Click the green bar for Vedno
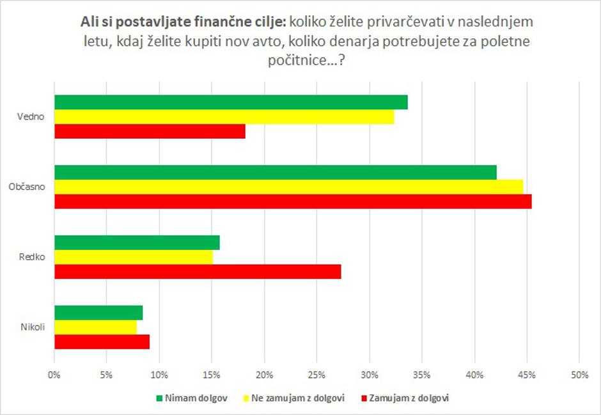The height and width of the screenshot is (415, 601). coord(231,102)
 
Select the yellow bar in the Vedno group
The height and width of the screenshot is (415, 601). coord(224,117)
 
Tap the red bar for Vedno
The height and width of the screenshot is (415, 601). coord(150,131)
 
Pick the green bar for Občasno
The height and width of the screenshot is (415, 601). coord(275,173)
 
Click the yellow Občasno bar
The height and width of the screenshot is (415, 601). coord(288,187)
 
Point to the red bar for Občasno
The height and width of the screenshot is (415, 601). coord(293,201)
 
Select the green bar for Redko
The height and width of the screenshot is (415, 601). coord(137,242)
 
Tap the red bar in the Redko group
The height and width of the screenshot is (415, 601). coord(198,271)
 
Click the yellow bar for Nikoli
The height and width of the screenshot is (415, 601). coord(95,327)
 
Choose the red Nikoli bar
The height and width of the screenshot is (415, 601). coord(102,341)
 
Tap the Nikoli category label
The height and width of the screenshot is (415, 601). coord(33,327)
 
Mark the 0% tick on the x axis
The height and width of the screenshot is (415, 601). coord(55,375)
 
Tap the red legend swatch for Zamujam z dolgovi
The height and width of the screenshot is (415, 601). coord(365,398)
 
